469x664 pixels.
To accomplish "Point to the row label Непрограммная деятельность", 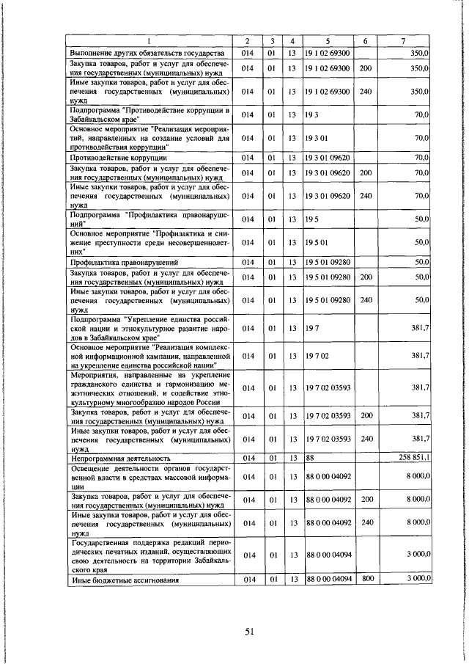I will [x=115, y=458].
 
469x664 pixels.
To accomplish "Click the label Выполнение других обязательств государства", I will [x=146, y=53].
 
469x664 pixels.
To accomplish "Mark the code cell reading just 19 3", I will [x=311, y=114].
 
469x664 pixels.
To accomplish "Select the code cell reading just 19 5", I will [x=311, y=219].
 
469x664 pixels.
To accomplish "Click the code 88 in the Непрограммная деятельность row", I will [x=310, y=457].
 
